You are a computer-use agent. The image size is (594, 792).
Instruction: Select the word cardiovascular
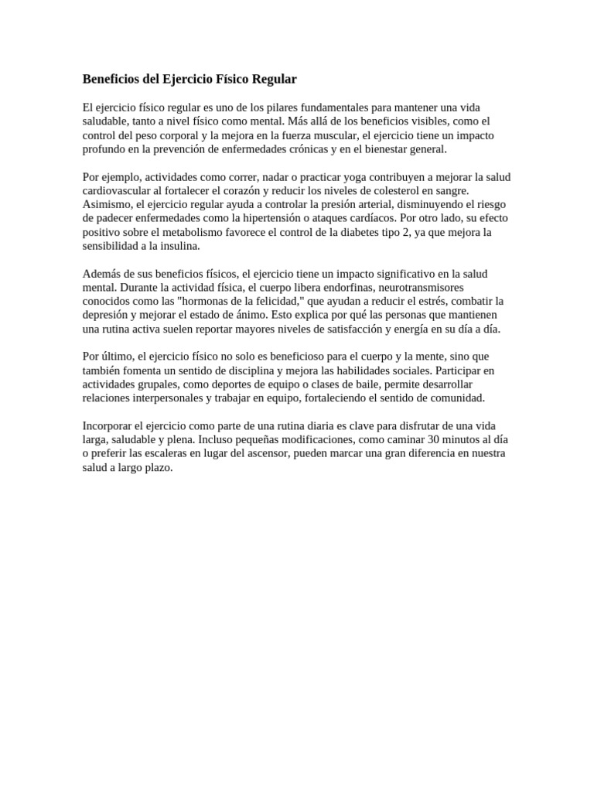(x=118, y=191)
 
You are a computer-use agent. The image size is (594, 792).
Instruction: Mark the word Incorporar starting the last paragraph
(x=108, y=426)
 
